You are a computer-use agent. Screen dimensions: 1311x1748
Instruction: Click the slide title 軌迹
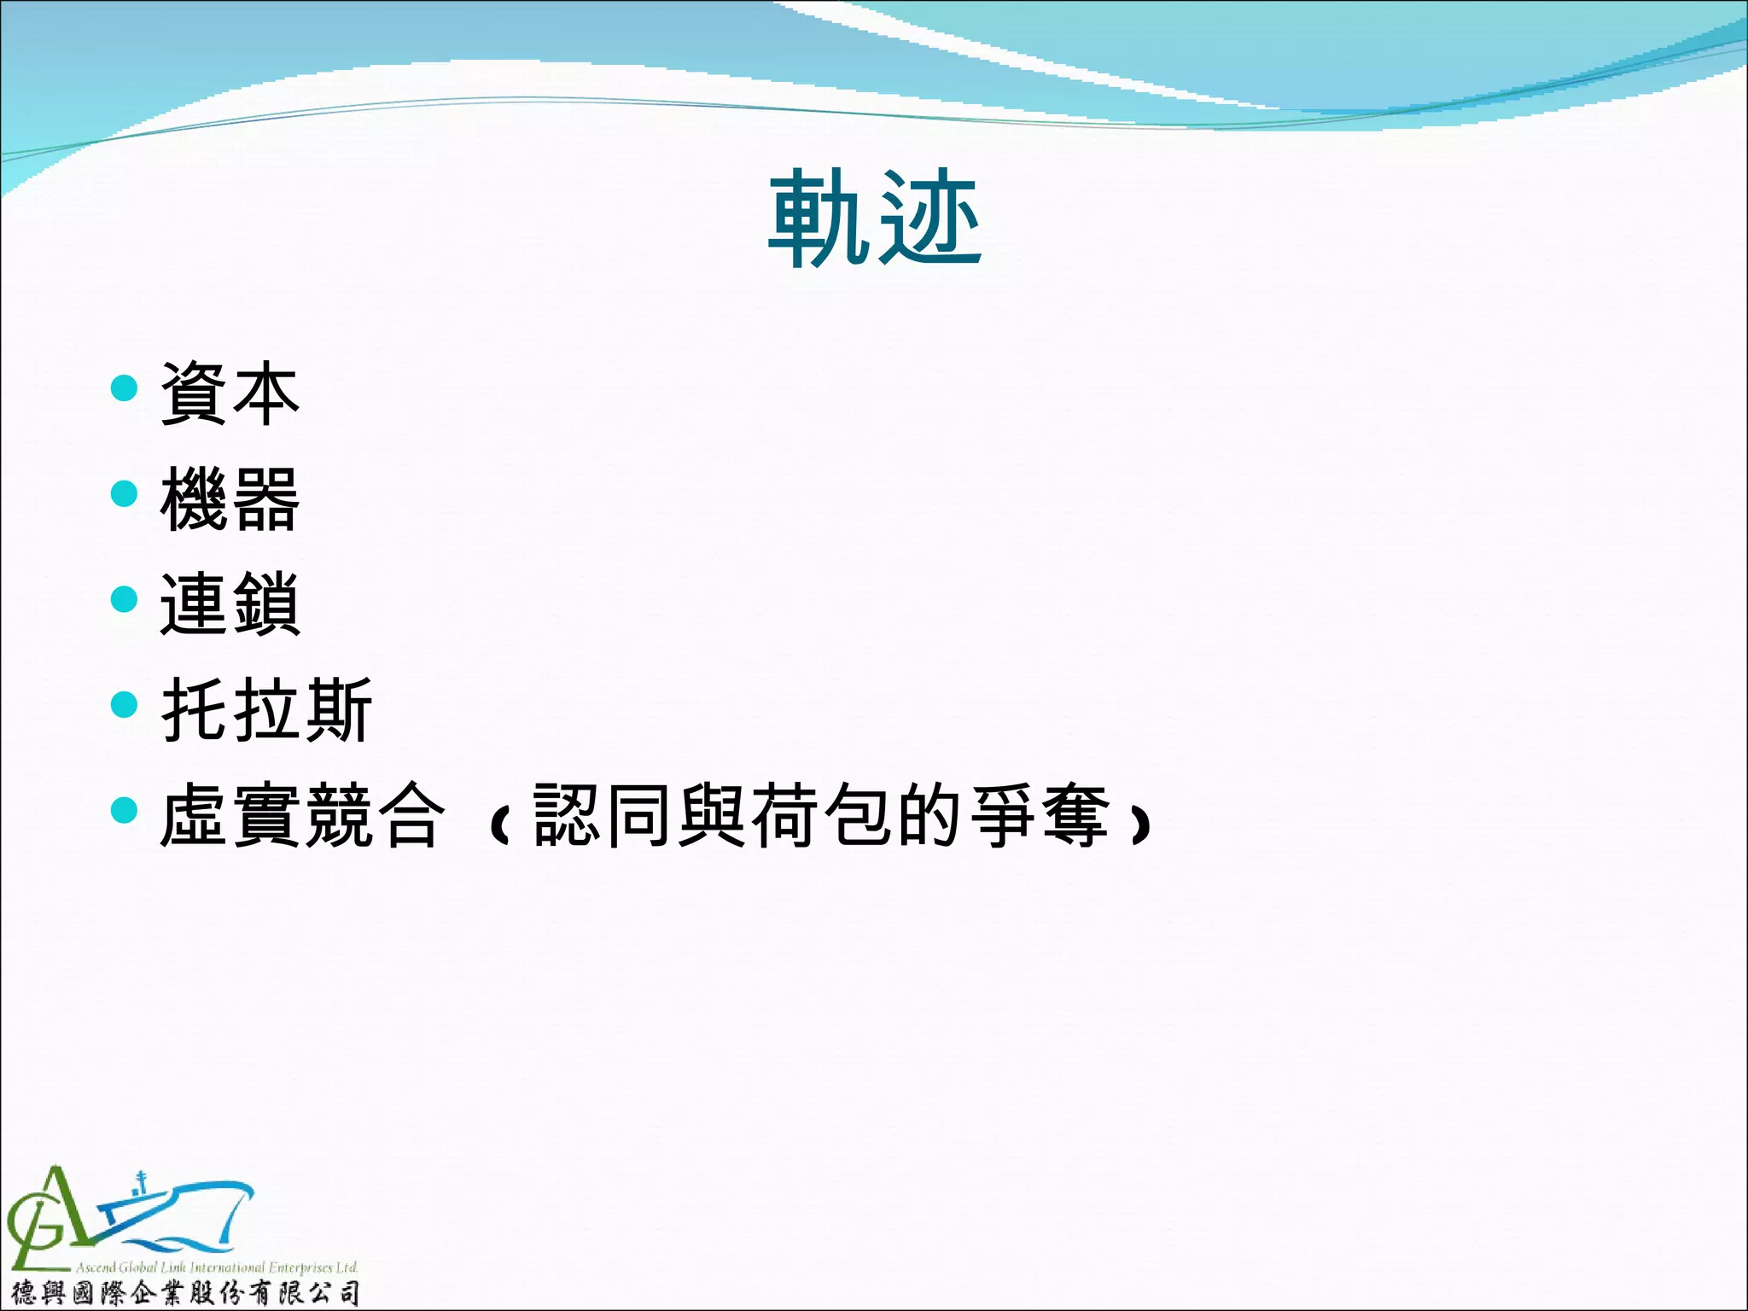(x=875, y=218)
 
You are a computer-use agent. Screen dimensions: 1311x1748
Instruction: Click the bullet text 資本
(x=230, y=393)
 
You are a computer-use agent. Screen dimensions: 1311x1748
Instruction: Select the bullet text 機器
(x=230, y=499)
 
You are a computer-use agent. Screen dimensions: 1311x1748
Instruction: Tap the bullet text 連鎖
(x=230, y=604)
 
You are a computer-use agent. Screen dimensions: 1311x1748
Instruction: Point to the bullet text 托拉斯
(x=266, y=710)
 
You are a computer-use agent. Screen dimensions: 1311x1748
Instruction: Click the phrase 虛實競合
(x=302, y=816)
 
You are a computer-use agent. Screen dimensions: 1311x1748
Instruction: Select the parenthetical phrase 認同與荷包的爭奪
(x=820, y=816)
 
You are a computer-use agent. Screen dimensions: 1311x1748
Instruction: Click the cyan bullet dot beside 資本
(x=125, y=388)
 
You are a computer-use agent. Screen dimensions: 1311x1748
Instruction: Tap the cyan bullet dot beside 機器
(x=125, y=493)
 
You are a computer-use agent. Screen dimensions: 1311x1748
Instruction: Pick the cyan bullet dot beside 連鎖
(x=125, y=599)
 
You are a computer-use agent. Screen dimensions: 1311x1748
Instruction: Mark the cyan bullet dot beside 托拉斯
(x=125, y=705)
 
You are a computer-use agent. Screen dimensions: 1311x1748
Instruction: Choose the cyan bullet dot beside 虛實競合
(x=125, y=810)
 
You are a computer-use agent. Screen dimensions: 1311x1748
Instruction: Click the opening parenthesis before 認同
(x=500, y=824)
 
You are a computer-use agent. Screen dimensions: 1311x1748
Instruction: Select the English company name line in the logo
(x=216, y=1267)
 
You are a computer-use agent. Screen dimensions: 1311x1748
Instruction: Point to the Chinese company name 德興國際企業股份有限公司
(x=184, y=1293)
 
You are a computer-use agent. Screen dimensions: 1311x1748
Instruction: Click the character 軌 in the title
(x=821, y=218)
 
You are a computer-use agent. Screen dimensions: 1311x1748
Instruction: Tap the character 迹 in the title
(x=930, y=218)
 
